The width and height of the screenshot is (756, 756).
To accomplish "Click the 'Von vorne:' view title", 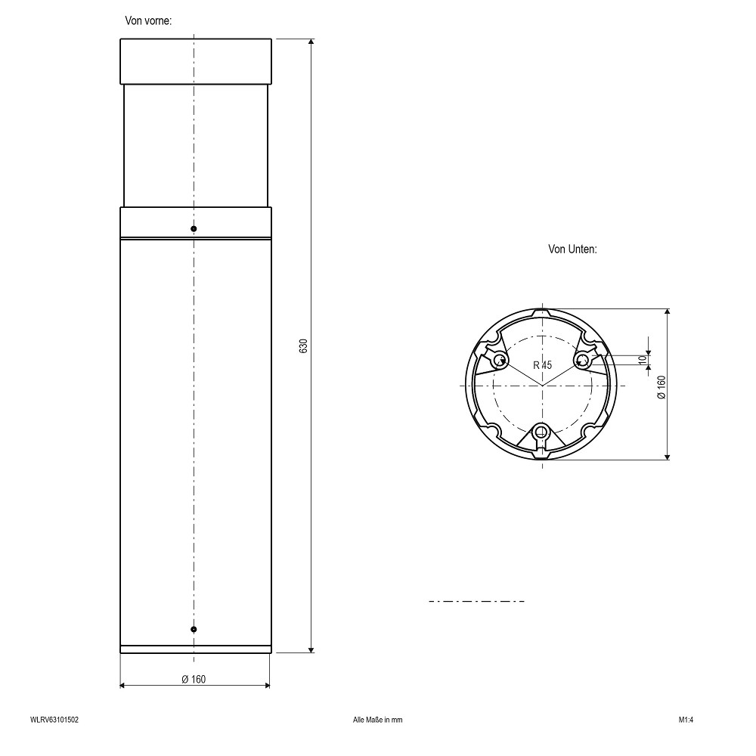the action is [x=148, y=20].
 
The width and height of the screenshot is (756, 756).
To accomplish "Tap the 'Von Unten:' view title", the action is [x=572, y=249].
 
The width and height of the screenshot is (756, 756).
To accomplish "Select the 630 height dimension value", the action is [x=303, y=346].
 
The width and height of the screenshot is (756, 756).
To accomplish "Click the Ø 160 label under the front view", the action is [x=194, y=680].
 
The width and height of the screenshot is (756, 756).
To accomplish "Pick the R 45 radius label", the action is [x=542, y=365].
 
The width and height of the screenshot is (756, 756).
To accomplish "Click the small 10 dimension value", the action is [x=642, y=359].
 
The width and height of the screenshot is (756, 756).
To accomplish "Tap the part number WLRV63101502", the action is [x=54, y=720].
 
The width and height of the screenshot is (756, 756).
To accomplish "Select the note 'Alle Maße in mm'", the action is [x=377, y=720].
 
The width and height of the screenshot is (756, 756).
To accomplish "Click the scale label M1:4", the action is [x=686, y=720].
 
